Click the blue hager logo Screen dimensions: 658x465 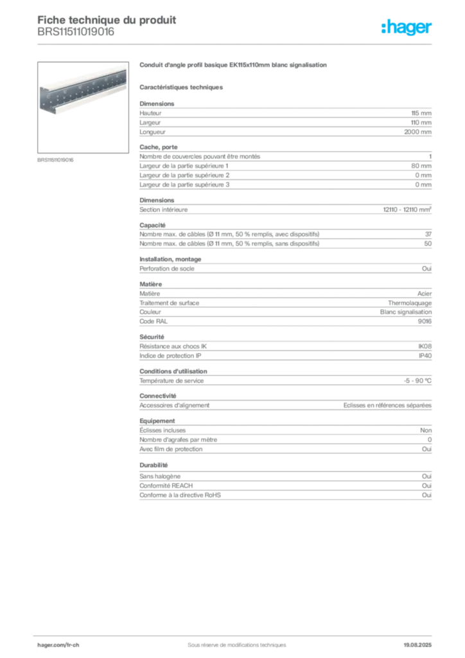tap(408, 28)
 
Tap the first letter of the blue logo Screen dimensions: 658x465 tap(384, 28)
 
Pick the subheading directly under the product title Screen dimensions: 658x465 tap(182, 87)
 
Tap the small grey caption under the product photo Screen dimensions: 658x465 tap(57, 160)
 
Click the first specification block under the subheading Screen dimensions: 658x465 tap(285, 120)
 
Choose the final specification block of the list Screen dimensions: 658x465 tap(285, 488)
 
